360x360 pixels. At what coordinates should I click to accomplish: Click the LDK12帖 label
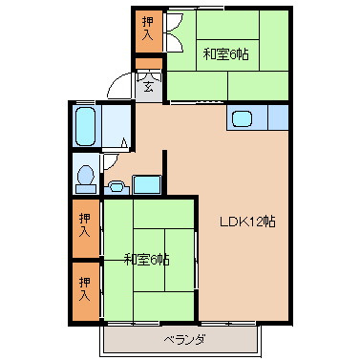tap(247, 222)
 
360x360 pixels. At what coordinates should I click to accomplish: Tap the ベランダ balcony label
tap(184, 340)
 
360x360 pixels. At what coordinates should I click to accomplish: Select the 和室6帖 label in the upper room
tap(225, 54)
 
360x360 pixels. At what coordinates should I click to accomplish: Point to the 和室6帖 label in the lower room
tap(146, 260)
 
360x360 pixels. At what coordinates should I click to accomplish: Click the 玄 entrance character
tap(148, 87)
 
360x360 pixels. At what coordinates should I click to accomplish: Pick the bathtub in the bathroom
tap(86, 126)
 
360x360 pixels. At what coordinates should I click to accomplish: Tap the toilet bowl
tap(86, 176)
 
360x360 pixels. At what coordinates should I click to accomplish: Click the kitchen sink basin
tap(242, 119)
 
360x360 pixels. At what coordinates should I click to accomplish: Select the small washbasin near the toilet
tap(116, 187)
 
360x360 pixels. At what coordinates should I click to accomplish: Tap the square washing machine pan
tap(147, 184)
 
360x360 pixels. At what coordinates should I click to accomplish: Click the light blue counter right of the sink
tap(278, 117)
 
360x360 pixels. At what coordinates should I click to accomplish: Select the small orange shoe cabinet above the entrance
tap(149, 64)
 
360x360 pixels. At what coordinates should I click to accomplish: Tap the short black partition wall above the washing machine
tap(164, 172)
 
